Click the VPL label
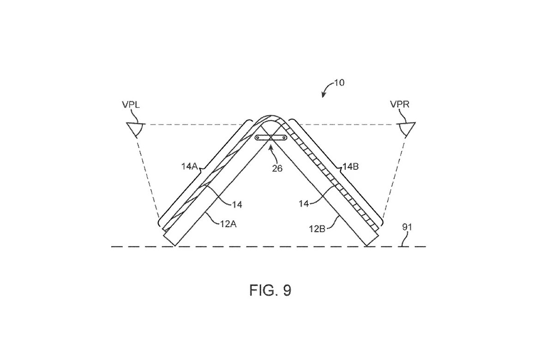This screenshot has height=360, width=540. point(131,104)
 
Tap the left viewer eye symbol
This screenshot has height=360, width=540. point(136,129)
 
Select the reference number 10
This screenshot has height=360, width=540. point(339,83)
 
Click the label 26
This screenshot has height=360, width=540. point(277,168)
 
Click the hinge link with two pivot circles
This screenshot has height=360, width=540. point(271,138)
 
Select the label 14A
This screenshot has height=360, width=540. point(189,167)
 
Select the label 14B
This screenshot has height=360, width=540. point(351,167)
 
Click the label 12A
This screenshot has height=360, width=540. point(228,224)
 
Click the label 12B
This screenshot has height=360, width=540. point(317,228)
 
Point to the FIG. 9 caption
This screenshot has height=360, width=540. point(270,290)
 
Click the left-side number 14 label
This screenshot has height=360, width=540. point(237,204)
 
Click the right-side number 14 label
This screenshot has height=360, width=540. point(304,204)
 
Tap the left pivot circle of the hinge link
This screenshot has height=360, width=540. point(257,138)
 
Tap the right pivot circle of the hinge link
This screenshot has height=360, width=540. point(285,138)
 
